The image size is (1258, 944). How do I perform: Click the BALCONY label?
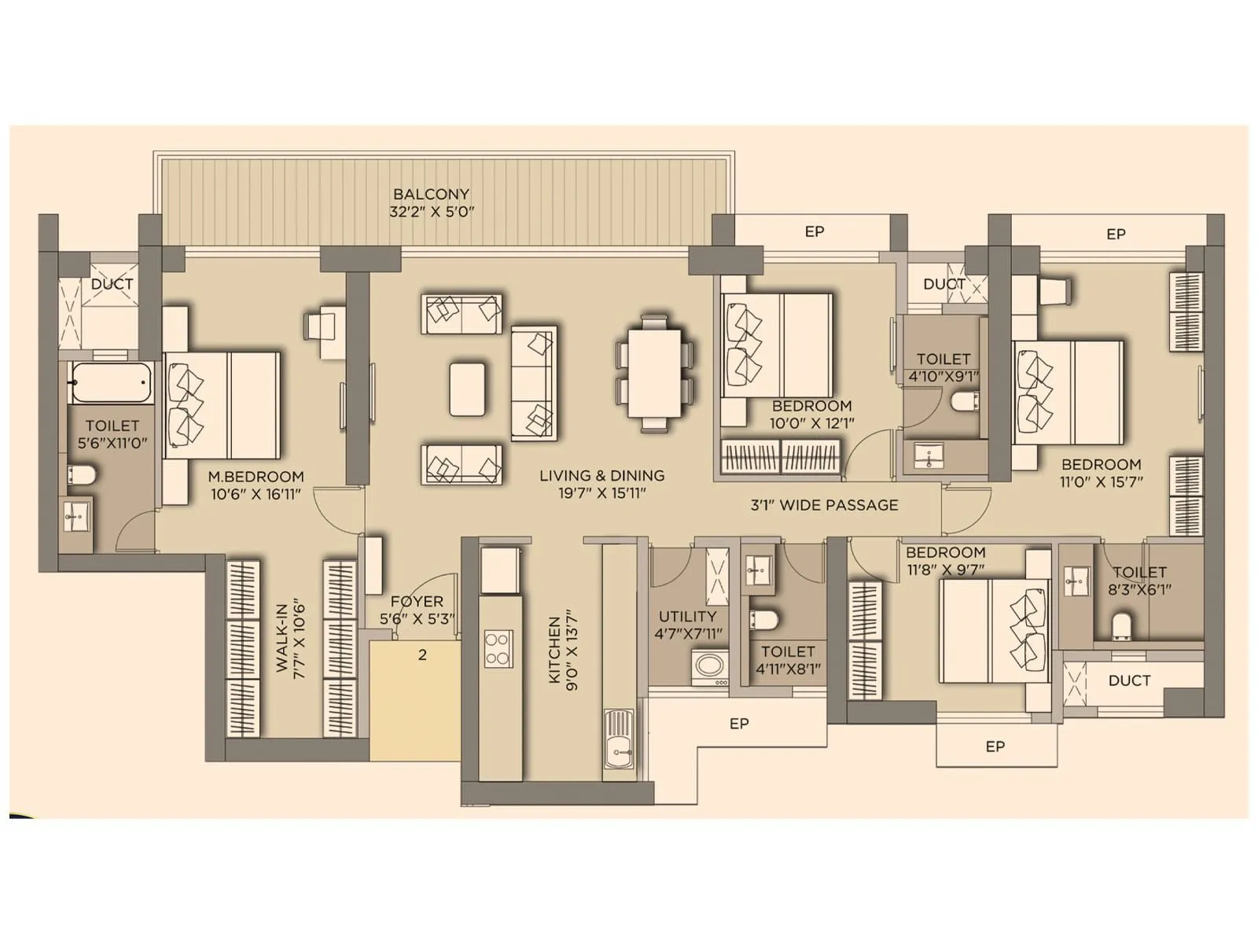click(x=432, y=194)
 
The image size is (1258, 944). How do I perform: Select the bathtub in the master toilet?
click(x=109, y=382)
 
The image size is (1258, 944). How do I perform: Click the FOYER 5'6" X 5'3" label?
click(x=417, y=610)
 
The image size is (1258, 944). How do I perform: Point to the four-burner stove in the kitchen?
click(x=498, y=649)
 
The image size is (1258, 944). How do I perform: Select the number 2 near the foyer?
click(x=422, y=655)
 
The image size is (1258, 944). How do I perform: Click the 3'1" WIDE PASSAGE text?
click(x=824, y=505)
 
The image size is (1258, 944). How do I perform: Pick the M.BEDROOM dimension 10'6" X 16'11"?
click(x=256, y=494)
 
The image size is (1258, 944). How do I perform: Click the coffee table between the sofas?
click(x=467, y=388)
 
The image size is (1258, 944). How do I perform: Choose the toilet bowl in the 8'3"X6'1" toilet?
click(x=1122, y=626)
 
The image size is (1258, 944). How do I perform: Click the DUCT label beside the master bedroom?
click(x=112, y=284)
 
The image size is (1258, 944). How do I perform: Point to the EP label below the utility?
click(x=739, y=724)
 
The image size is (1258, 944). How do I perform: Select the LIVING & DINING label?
click(x=601, y=475)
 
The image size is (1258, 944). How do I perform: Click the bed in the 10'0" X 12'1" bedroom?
click(x=777, y=345)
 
